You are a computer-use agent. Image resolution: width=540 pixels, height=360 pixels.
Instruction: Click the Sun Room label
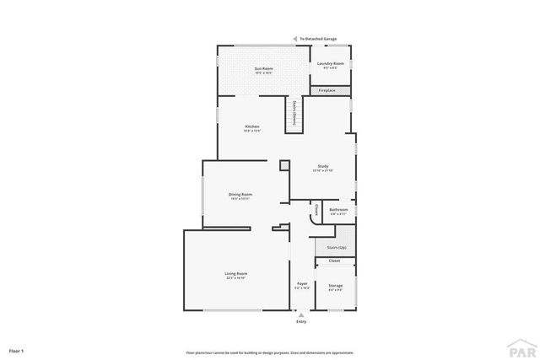click(x=263, y=68)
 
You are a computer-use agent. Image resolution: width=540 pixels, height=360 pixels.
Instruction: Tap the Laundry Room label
click(x=330, y=64)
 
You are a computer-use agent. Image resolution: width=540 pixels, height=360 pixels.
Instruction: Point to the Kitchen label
click(x=251, y=126)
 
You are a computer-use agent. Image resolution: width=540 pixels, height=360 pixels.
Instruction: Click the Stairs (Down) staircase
click(x=294, y=112)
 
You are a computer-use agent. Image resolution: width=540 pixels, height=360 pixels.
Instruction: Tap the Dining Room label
click(x=240, y=195)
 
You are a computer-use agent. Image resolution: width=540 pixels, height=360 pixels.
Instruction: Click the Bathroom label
click(x=338, y=209)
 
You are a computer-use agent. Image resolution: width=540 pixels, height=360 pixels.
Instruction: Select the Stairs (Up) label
click(x=335, y=248)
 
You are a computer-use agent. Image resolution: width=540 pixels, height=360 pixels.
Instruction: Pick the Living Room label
click(x=235, y=274)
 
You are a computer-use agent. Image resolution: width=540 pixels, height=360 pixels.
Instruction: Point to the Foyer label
click(x=301, y=285)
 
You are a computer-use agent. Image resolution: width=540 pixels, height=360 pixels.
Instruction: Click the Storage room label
click(x=335, y=287)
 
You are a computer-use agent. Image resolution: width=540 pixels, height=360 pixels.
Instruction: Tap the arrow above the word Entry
click(x=301, y=314)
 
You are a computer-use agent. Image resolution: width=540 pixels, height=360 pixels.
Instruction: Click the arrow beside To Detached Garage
click(x=296, y=39)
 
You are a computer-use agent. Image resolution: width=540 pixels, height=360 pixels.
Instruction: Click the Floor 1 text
click(x=16, y=349)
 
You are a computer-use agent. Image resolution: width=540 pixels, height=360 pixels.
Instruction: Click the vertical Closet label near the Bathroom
click(x=316, y=210)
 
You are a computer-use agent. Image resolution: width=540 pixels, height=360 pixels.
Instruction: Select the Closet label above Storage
click(x=335, y=261)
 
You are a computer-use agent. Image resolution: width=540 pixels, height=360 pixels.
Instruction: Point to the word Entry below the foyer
click(x=301, y=322)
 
